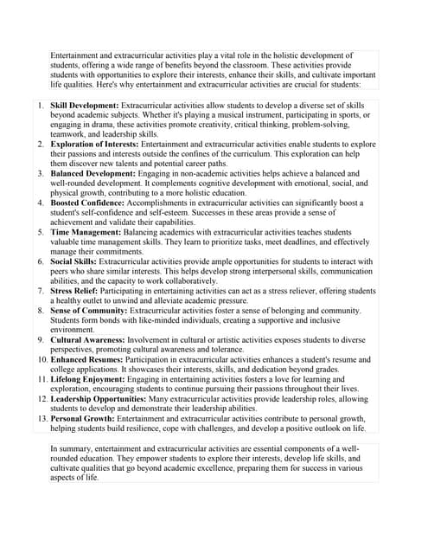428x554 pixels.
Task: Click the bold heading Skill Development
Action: coord(85,105)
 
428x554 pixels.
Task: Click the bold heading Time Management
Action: coord(82,233)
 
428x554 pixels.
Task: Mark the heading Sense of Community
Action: coord(87,310)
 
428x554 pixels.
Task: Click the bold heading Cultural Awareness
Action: coord(87,340)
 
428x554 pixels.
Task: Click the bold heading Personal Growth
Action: coord(83,418)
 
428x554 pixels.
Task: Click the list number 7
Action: coord(41,291)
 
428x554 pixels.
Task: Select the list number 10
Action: coord(41,359)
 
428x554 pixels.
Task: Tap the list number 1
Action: coord(41,105)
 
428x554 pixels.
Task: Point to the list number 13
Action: coord(41,418)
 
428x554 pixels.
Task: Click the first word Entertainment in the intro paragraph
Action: coord(76,55)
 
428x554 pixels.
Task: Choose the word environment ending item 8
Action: coord(72,330)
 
